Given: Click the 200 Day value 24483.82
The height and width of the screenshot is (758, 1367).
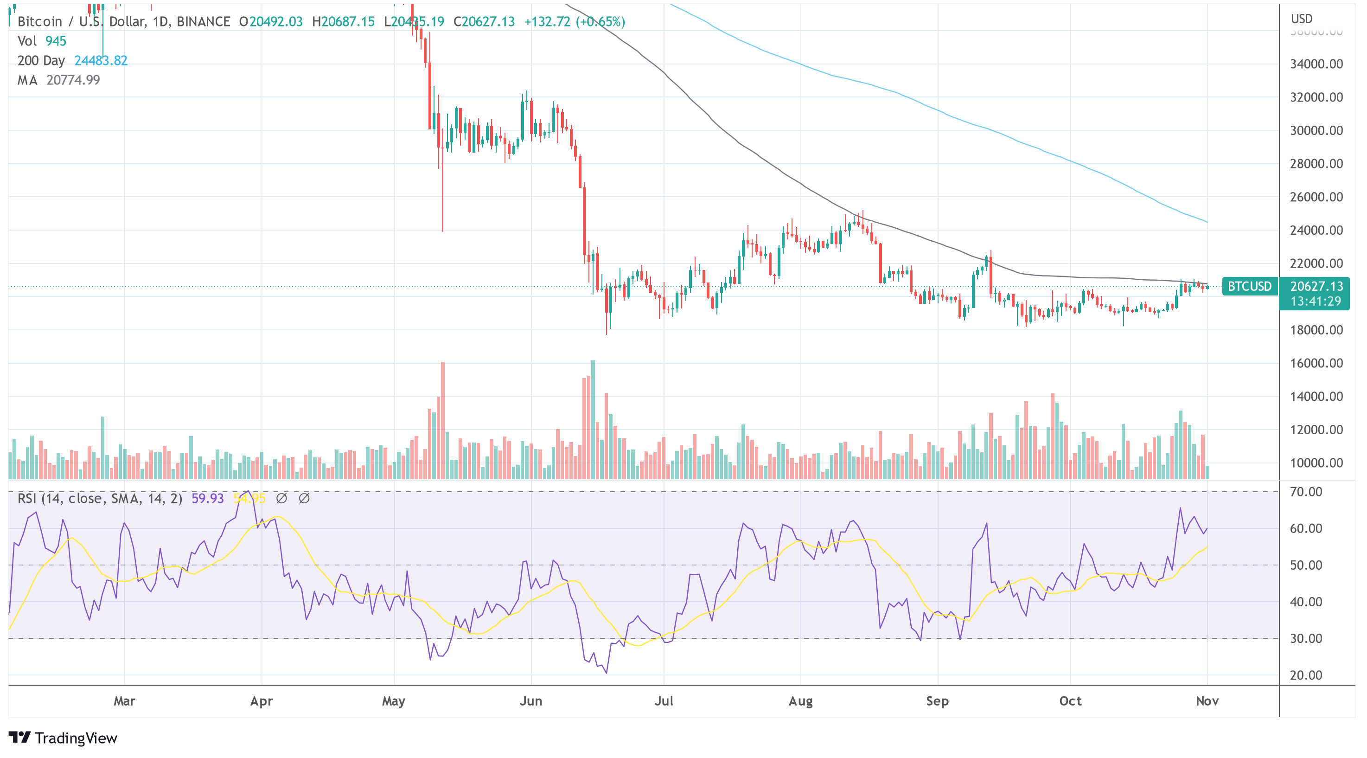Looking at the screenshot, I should [x=101, y=60].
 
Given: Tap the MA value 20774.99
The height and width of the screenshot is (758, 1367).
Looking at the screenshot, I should [x=73, y=80].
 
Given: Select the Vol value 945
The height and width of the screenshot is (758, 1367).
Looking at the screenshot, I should [x=56, y=41].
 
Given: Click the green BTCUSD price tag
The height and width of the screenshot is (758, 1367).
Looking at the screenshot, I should [x=1249, y=287].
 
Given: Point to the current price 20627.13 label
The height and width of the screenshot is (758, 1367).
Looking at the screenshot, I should [x=1316, y=287].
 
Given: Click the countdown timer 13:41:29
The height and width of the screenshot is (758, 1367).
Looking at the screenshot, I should [x=1316, y=302].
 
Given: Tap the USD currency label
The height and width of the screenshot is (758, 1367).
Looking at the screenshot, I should [x=1301, y=19].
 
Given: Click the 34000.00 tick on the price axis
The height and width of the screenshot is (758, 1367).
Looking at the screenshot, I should [x=1316, y=64].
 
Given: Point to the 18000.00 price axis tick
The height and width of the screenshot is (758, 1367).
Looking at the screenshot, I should [x=1316, y=330].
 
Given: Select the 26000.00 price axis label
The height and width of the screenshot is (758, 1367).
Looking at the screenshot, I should [x=1316, y=197].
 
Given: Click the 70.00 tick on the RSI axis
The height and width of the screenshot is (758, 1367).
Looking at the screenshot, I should [x=1306, y=492].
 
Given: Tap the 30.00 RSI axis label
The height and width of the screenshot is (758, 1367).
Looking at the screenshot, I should [x=1306, y=639].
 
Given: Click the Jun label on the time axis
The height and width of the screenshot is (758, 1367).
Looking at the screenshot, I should [x=530, y=701].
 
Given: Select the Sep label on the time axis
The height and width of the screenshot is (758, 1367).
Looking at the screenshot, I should [x=937, y=701].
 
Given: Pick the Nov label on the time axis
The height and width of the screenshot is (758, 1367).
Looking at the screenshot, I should [x=1207, y=701].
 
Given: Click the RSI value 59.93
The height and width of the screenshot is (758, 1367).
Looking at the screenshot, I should [x=207, y=498].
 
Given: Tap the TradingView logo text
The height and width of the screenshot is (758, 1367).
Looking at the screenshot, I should [x=76, y=739].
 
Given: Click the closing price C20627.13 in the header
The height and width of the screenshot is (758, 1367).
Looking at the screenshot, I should [x=484, y=22].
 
